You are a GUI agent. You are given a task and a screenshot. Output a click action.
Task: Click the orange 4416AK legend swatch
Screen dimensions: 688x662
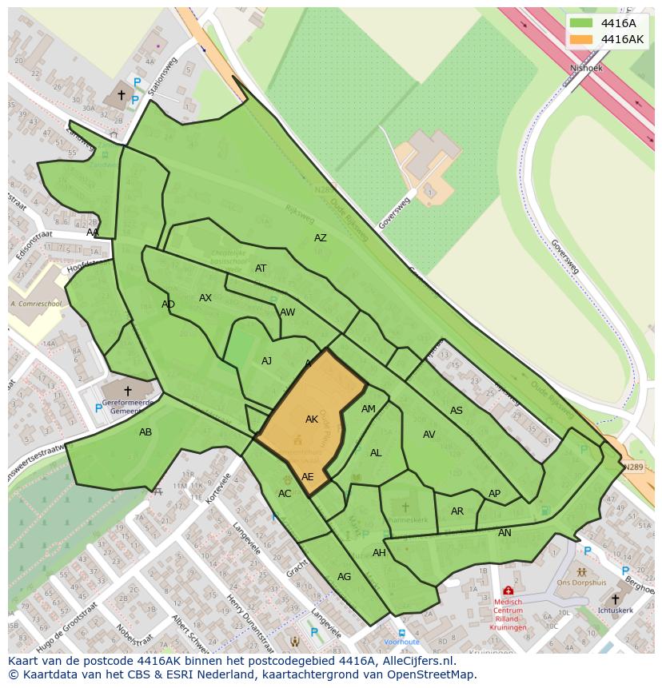click(x=582, y=39)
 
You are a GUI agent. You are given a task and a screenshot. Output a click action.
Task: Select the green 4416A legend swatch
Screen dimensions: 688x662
click(x=582, y=22)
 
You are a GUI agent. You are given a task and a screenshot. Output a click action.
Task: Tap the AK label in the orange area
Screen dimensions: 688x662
click(x=312, y=419)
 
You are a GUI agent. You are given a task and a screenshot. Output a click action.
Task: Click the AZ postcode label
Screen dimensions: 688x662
click(x=321, y=238)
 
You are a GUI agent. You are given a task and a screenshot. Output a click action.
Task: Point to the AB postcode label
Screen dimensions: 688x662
click(x=146, y=432)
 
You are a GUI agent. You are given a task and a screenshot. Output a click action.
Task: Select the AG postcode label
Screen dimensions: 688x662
click(x=344, y=576)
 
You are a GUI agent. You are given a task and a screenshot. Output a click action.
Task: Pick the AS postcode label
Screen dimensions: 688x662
click(x=457, y=411)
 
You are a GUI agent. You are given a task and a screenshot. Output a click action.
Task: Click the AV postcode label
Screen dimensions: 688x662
click(x=429, y=435)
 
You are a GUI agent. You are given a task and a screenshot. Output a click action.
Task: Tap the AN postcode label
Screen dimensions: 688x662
click(x=504, y=533)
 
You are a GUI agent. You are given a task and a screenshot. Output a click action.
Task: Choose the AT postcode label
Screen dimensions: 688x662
click(x=261, y=268)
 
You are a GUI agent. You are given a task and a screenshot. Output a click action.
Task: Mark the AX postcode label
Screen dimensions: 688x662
click(x=205, y=298)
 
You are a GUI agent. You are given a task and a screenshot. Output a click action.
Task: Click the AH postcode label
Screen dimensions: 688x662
click(x=379, y=553)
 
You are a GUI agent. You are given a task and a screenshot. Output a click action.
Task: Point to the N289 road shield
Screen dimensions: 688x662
click(x=633, y=467)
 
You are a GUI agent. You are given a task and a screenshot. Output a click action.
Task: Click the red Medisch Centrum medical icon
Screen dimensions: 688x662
click(x=508, y=591)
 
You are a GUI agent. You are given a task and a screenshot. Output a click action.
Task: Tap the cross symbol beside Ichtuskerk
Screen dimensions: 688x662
click(x=615, y=599)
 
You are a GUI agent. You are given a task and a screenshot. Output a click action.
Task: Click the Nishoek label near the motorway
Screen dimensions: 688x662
click(x=586, y=69)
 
